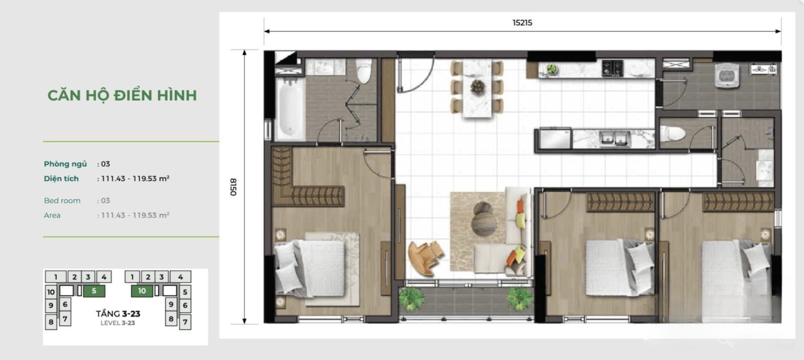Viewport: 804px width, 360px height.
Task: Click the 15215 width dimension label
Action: point(522,23)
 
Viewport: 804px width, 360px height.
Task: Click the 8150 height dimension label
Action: point(233,187)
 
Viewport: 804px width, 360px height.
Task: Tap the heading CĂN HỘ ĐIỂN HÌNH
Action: point(122,95)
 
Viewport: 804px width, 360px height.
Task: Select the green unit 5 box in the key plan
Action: point(94,291)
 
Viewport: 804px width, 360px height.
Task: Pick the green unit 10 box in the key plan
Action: point(142,291)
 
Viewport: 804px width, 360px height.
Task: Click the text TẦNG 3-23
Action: point(118,314)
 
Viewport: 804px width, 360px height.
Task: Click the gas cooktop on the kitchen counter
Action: point(613,68)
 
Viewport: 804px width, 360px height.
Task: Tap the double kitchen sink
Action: point(615,138)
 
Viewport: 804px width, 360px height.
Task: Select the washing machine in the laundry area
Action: point(727,75)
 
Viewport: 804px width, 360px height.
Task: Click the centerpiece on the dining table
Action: point(477,86)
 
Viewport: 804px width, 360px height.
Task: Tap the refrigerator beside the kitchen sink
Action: point(555,138)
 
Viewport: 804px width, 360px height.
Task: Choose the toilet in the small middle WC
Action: point(673,133)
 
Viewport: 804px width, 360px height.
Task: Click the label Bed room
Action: point(62,201)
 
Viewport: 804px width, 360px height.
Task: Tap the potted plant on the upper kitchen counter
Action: point(552,69)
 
